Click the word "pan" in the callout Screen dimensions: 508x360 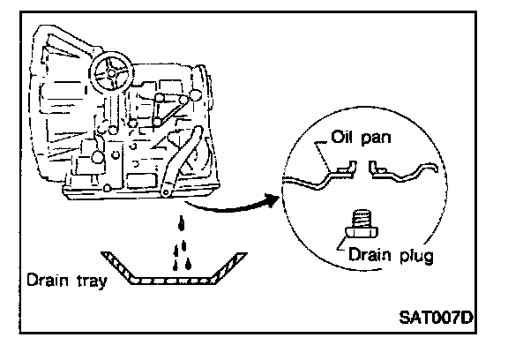point(376,139)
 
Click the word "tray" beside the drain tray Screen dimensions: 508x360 point(92,281)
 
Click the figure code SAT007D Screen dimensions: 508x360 point(436,318)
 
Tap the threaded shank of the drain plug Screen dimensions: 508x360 point(361,219)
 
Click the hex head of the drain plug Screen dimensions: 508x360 point(362,233)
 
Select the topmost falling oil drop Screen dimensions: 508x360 point(182,222)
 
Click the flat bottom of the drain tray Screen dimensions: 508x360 point(172,281)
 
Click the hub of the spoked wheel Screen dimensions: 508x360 point(111,73)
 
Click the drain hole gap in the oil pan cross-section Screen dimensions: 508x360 point(362,168)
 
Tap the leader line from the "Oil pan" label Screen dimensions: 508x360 point(324,156)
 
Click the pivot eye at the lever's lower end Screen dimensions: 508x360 point(166,193)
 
